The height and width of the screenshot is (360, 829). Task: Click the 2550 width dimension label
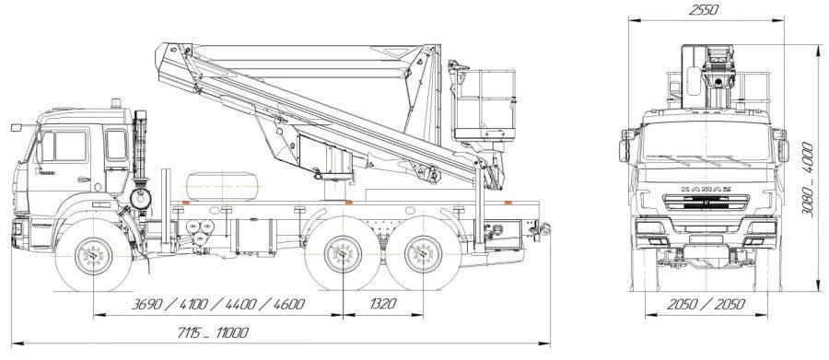[x=704, y=9]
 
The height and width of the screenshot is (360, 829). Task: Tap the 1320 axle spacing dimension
[x=383, y=304]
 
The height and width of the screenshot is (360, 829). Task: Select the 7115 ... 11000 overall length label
[x=213, y=332]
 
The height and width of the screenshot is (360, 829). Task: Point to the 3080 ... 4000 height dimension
[x=807, y=179]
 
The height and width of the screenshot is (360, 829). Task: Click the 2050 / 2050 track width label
[x=706, y=304]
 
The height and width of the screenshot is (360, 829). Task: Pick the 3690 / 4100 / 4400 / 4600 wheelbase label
[x=217, y=304]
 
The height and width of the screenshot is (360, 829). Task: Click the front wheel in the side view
[x=94, y=256]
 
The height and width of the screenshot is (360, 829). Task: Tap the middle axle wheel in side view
[x=344, y=253]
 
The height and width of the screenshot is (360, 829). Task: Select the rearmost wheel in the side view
[x=423, y=253]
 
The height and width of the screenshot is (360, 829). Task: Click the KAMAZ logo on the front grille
[x=706, y=189]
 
